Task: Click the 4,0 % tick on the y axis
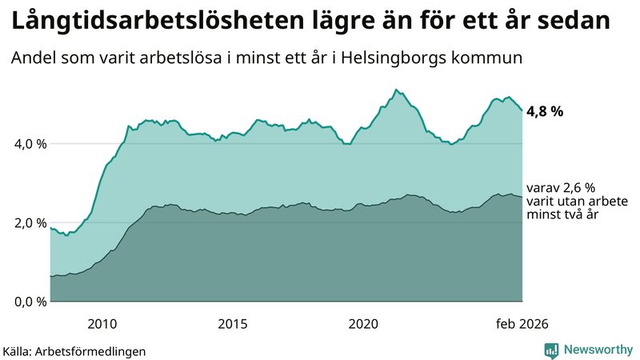coord(27,144)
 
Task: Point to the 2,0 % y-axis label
coord(27,222)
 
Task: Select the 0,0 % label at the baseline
coord(27,302)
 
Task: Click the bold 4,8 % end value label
coord(545,112)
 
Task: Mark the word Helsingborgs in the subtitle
coord(404,58)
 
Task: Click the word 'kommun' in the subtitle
coord(493,58)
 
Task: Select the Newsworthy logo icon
coord(551,350)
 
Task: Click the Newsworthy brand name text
coord(598,350)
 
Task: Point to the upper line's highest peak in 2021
coord(396,90)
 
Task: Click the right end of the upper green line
coord(522,110)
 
